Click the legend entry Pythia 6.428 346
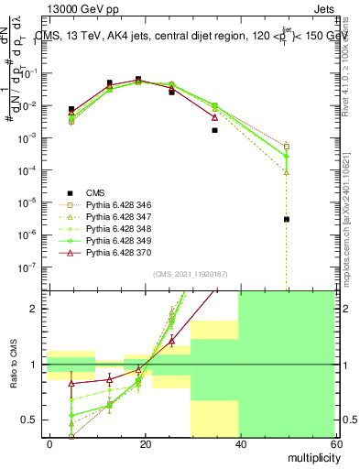[116, 204]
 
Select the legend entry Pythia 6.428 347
[116, 216]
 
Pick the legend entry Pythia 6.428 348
[116, 228]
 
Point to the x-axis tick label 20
[145, 443]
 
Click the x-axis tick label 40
[240, 443]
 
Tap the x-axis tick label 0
[49, 443]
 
